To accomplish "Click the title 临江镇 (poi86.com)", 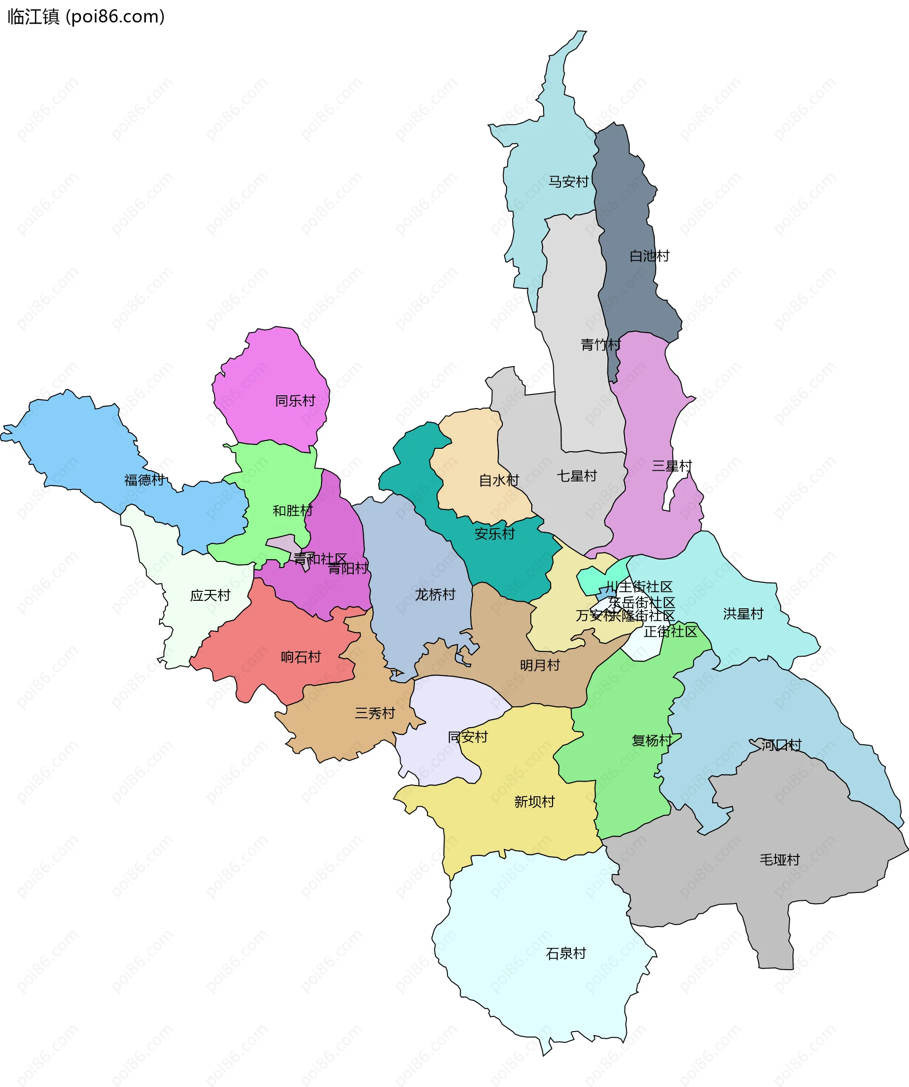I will point(86,17).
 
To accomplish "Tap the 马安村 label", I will point(569,182).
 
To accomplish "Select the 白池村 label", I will point(649,256).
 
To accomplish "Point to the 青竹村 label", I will point(600,344).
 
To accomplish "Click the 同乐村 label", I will point(295,401).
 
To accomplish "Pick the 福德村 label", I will point(144,480).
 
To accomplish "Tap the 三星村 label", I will point(672,466).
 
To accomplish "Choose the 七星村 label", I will point(577,476).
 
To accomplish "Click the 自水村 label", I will point(499,481).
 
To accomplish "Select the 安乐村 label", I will point(495,534).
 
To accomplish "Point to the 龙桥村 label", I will point(435,595).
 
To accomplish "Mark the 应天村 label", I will point(210,595).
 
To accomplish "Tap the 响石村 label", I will point(301,657).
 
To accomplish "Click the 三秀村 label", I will point(375,713).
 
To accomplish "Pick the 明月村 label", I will point(540,665).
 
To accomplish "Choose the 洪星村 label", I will point(743,614).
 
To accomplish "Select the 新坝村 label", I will point(534,802).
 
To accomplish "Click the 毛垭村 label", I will point(780,860).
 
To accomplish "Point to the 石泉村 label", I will point(566,953).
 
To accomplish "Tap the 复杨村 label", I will point(652,741).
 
